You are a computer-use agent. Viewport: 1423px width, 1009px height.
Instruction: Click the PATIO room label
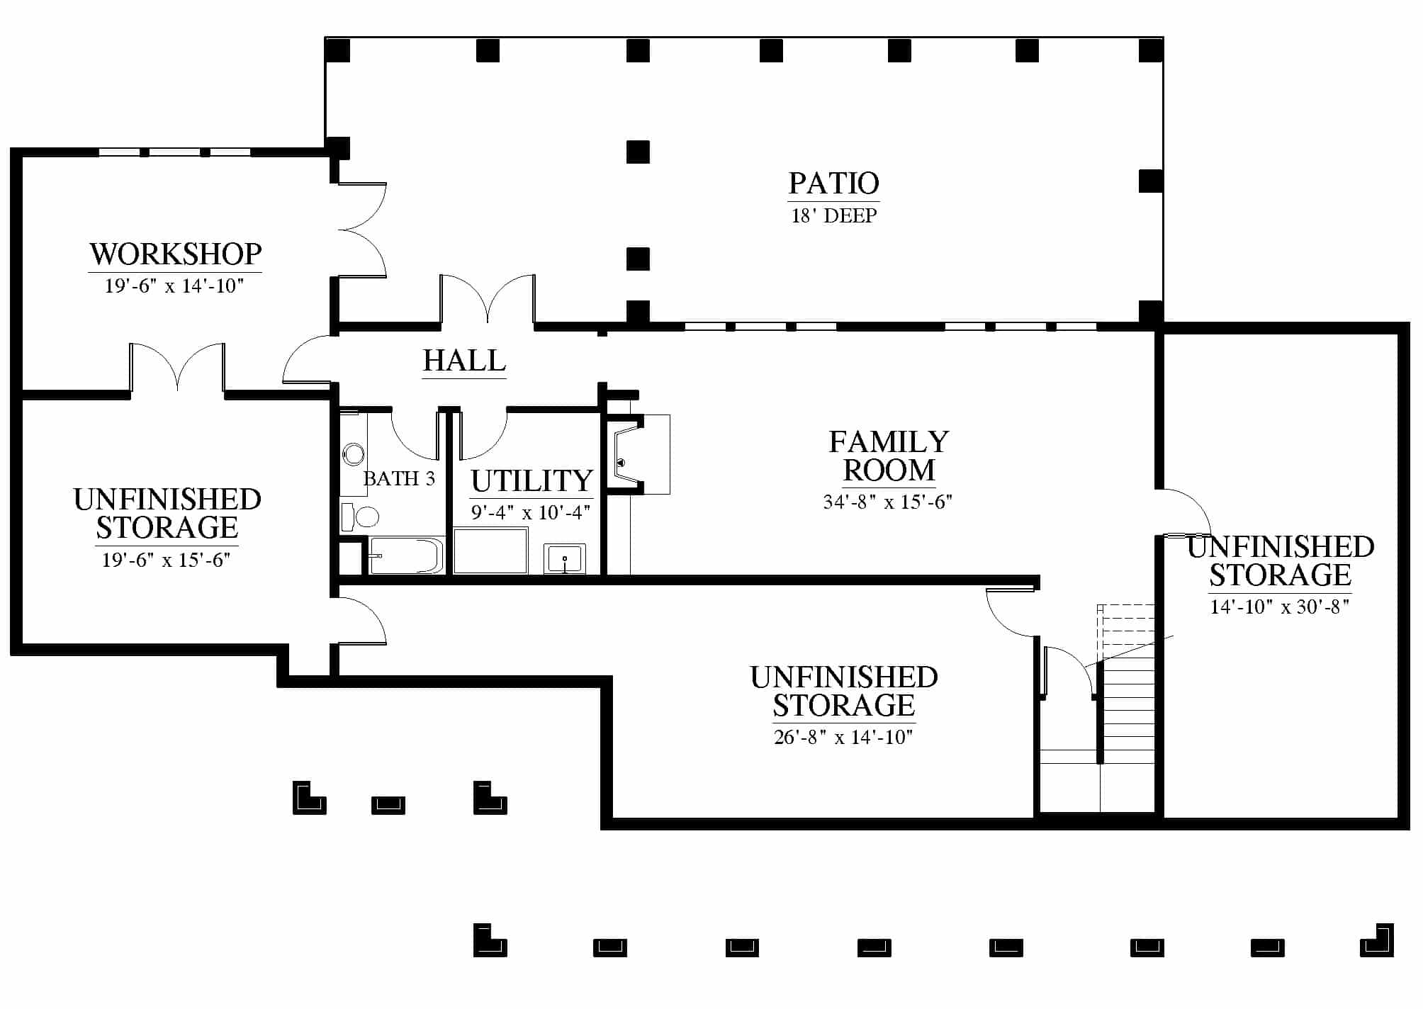pyautogui.click(x=833, y=184)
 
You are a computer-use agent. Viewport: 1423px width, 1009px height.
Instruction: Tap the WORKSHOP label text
pyautogui.click(x=176, y=254)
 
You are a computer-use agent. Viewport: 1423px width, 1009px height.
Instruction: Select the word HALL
pyautogui.click(x=464, y=361)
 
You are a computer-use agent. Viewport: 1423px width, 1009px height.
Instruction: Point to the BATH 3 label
pyautogui.click(x=399, y=479)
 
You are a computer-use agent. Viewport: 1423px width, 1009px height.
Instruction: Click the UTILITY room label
pyautogui.click(x=531, y=481)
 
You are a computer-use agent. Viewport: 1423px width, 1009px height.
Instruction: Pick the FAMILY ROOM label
pyautogui.click(x=889, y=456)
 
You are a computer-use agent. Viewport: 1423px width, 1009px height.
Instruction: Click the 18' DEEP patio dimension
pyautogui.click(x=834, y=215)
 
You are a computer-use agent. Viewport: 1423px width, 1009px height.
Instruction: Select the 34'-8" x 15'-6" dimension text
pyautogui.click(x=888, y=502)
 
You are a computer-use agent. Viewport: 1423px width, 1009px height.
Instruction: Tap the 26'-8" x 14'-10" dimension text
pyautogui.click(x=843, y=737)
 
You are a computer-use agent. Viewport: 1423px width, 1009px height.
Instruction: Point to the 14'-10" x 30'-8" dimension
pyautogui.click(x=1280, y=607)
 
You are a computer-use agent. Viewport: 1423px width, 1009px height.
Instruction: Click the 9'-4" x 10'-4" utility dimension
pyautogui.click(x=531, y=512)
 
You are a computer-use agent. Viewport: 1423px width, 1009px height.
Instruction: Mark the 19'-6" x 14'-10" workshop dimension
pyautogui.click(x=174, y=286)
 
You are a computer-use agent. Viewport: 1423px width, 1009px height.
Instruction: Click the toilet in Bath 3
pyautogui.click(x=360, y=517)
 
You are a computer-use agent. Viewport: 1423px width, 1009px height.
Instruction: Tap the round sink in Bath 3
pyautogui.click(x=353, y=454)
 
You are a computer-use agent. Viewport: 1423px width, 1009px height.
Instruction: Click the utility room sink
pyautogui.click(x=565, y=559)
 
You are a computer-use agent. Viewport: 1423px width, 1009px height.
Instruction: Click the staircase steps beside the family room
pyautogui.click(x=1127, y=709)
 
